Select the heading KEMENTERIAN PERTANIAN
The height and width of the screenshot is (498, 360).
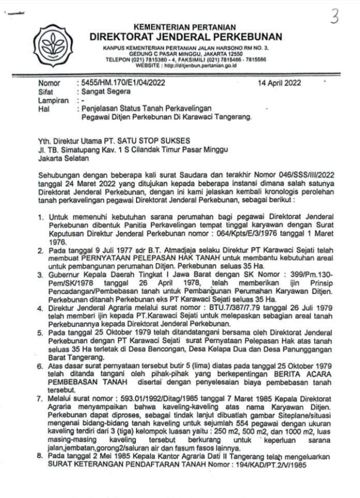point(184,27)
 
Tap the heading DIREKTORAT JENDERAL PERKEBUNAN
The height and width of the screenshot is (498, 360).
point(186,37)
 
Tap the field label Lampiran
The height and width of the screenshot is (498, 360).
point(54,100)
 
